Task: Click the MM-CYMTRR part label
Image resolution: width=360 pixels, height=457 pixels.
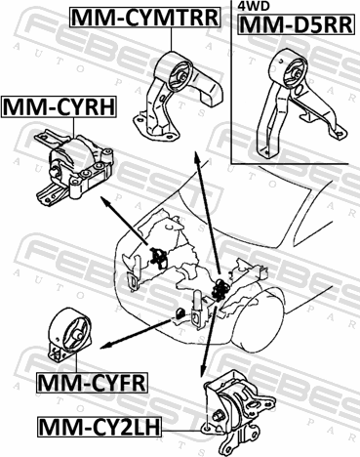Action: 145,18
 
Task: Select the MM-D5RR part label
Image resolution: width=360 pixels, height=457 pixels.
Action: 296,24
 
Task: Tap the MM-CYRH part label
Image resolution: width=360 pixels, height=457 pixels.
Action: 59,107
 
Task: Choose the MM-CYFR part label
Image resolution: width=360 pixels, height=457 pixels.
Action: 93,383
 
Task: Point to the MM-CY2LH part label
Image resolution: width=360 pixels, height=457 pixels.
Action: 100,427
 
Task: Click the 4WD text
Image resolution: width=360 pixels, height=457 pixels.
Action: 250,6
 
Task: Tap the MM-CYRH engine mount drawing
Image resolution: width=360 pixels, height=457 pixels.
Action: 75,168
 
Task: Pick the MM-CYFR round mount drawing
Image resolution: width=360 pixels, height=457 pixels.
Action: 69,334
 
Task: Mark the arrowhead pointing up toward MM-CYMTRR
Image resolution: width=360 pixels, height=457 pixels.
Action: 197,157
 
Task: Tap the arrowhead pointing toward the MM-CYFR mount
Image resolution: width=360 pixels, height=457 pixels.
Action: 106,346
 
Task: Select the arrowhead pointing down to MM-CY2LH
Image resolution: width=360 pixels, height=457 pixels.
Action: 203,370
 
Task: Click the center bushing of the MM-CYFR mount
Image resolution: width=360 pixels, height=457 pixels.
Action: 77,334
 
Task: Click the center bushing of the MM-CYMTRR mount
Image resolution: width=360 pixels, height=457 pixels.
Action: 182,77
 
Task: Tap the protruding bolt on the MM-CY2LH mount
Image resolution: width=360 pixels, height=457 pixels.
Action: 217,416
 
